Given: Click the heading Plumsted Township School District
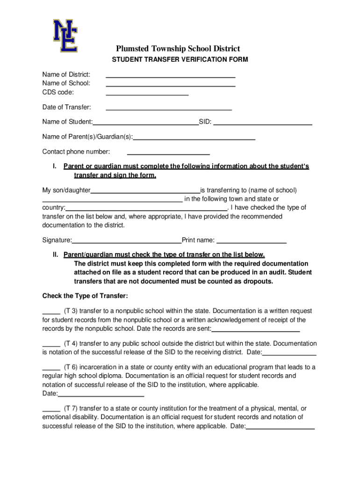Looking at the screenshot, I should (178, 49).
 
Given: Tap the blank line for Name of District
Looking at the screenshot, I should (171, 76).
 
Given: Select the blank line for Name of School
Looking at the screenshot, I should (171, 86).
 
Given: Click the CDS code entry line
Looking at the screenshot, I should (147, 94).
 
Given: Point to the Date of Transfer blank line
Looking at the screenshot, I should (169, 109).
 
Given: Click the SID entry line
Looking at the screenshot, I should (263, 124).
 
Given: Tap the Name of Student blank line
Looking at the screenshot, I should (145, 124).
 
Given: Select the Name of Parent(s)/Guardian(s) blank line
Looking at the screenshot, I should (194, 139).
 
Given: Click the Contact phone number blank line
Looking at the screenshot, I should (168, 154).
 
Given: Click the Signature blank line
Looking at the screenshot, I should (127, 243).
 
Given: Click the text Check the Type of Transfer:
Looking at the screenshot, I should (85, 296).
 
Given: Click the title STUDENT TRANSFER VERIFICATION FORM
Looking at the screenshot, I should (180, 60).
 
